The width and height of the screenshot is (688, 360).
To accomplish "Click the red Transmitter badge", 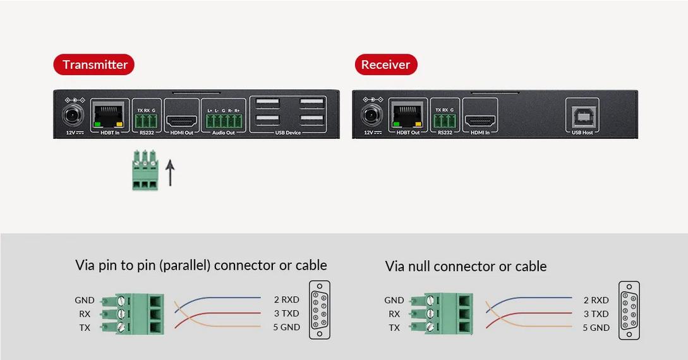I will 94,64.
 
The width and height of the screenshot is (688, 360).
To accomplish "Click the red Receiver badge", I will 385,64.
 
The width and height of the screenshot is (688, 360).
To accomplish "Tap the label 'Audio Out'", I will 224,133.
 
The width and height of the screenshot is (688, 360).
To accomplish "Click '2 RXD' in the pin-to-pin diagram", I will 286,299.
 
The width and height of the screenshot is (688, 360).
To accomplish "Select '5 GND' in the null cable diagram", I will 596,327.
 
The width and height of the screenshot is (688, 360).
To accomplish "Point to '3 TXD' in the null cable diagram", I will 596,314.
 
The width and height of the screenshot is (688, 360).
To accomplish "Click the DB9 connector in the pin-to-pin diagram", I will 319,310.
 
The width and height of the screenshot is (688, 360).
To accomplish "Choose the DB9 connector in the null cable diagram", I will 629,310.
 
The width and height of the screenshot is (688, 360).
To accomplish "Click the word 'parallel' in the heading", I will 188,265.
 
